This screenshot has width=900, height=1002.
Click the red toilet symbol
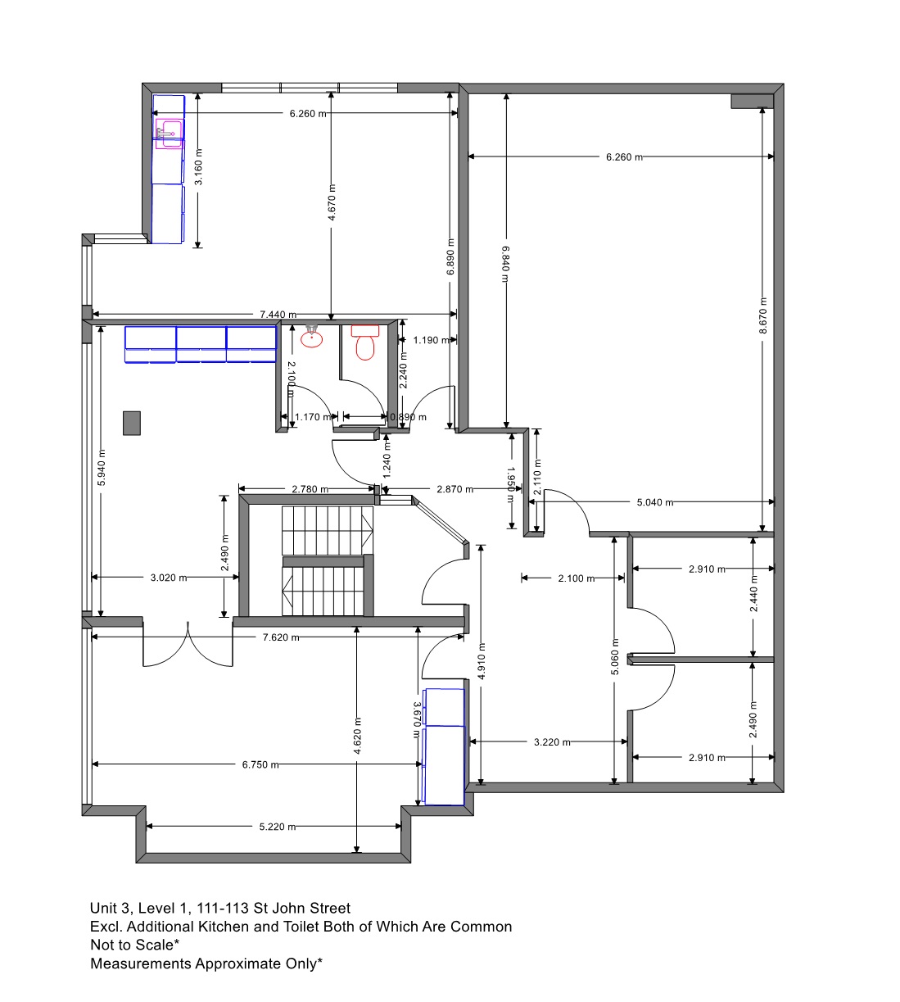pyautogui.click(x=365, y=342)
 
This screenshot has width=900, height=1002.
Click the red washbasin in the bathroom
pyautogui.click(x=311, y=338)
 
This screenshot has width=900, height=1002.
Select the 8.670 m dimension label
pyautogui.click(x=763, y=315)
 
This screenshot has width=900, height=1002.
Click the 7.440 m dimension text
pyautogui.click(x=278, y=315)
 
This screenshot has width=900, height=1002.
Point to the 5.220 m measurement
pyautogui.click(x=278, y=827)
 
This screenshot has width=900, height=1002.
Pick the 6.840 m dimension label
pyautogui.click(x=506, y=264)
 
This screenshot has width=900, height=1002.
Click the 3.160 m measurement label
pyautogui.click(x=198, y=166)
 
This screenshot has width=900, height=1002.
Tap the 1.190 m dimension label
pyautogui.click(x=432, y=340)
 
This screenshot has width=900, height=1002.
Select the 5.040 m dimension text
pyautogui.click(x=655, y=502)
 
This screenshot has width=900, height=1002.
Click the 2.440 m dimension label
pyautogui.click(x=753, y=593)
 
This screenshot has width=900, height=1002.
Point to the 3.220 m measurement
pyautogui.click(x=552, y=742)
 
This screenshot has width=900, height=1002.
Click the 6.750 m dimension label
pyautogui.click(x=260, y=765)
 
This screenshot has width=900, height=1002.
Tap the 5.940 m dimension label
pyautogui.click(x=102, y=467)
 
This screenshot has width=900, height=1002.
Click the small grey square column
pyautogui.click(x=132, y=424)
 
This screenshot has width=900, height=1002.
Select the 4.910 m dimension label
pyautogui.click(x=482, y=661)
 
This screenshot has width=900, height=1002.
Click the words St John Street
pyautogui.click(x=302, y=908)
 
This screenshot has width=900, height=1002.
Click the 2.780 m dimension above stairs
pyautogui.click(x=310, y=489)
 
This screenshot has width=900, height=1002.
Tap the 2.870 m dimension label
pyautogui.click(x=455, y=489)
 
